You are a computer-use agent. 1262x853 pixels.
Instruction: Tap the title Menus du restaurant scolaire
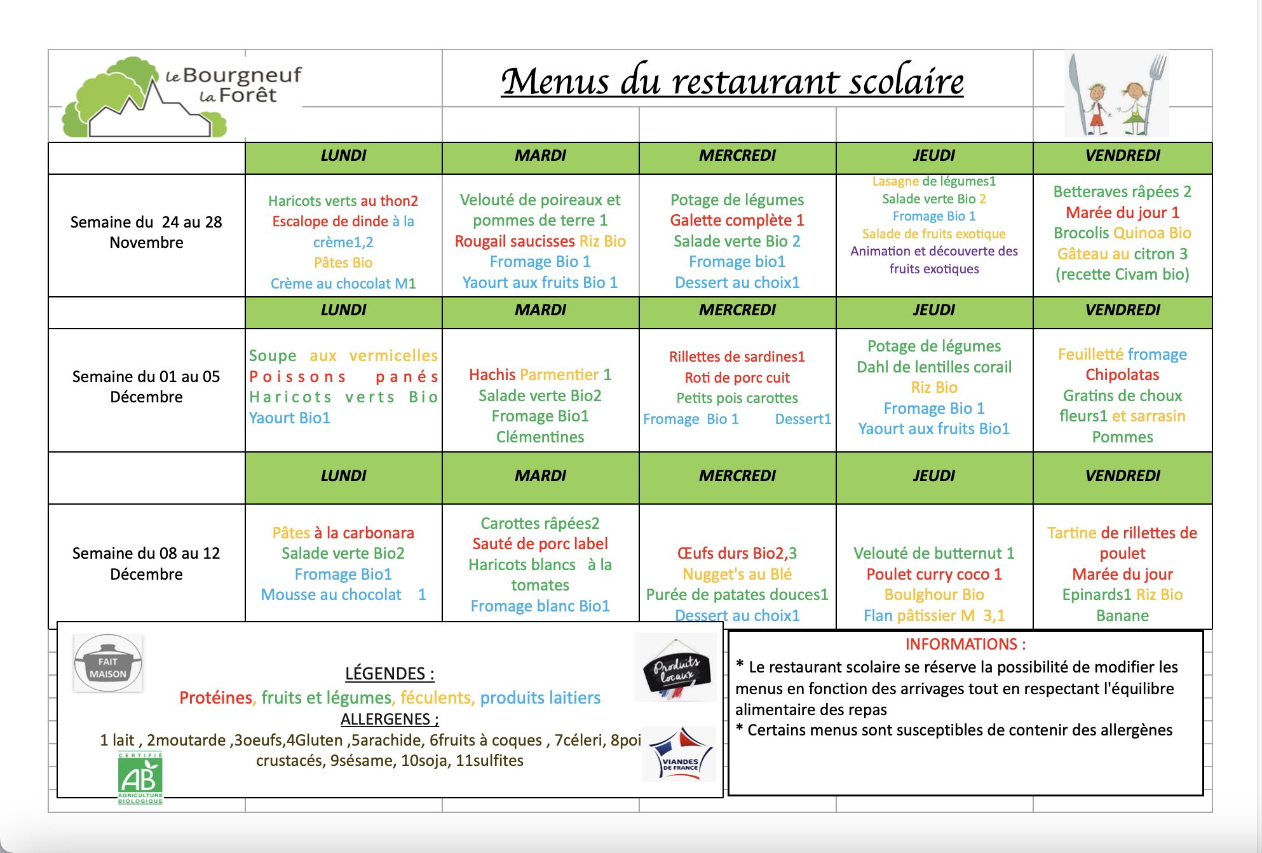pyautogui.click(x=732, y=82)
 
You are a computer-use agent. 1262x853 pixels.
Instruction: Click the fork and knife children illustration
pyautogui.click(x=1116, y=94)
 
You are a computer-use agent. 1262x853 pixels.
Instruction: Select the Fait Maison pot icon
pyautogui.click(x=108, y=663)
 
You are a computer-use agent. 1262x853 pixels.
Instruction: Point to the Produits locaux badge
pyautogui.click(x=676, y=668)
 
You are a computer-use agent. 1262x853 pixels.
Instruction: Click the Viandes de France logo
pyautogui.click(x=679, y=754)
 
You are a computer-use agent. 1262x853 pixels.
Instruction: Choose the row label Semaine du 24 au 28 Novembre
pyautogui.click(x=146, y=233)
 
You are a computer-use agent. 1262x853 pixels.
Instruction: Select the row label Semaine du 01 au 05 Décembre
pyautogui.click(x=146, y=386)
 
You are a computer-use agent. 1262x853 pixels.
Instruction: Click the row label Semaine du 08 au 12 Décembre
pyautogui.click(x=146, y=564)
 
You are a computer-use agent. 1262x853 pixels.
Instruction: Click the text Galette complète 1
pyautogui.click(x=737, y=221)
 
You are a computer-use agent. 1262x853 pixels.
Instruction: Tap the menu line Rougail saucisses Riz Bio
pyautogui.click(x=540, y=242)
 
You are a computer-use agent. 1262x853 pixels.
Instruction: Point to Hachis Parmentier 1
pyautogui.click(x=540, y=375)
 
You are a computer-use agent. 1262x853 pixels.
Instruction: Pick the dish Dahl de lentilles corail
pyautogui.click(x=934, y=367)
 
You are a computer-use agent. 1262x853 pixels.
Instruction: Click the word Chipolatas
pyautogui.click(x=1122, y=375)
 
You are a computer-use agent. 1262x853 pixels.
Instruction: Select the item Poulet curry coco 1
pyautogui.click(x=934, y=575)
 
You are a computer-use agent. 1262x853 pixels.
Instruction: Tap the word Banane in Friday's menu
pyautogui.click(x=1122, y=616)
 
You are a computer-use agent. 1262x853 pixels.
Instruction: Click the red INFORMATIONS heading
pyautogui.click(x=965, y=645)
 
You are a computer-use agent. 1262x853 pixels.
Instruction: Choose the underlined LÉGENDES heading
pyautogui.click(x=390, y=674)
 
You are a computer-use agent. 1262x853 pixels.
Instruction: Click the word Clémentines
pyautogui.click(x=540, y=437)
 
